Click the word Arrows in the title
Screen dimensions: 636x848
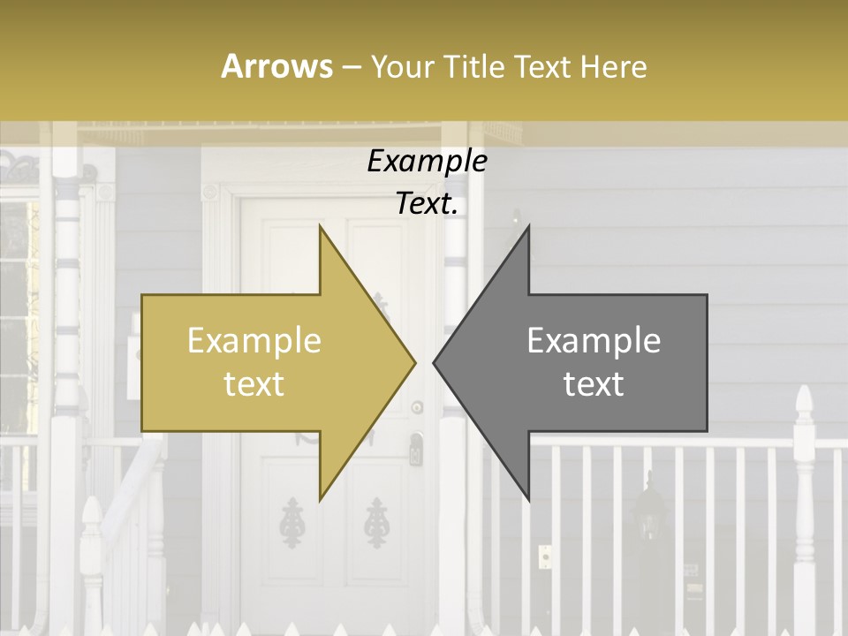[276, 66]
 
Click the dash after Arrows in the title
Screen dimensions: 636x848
[351, 67]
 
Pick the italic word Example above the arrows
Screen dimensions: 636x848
[427, 162]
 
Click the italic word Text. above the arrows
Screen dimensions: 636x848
[427, 204]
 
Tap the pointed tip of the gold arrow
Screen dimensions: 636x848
[414, 362]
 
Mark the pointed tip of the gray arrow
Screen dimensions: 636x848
[435, 362]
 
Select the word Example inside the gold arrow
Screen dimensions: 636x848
[254, 341]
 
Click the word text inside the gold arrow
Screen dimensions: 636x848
[254, 384]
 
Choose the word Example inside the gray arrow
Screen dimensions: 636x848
[594, 341]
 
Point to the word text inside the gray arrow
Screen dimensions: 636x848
[594, 384]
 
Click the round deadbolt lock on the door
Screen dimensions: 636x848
[417, 407]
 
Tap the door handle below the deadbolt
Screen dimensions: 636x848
[415, 449]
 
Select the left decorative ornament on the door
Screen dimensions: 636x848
[290, 521]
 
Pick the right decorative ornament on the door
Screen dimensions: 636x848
[377, 521]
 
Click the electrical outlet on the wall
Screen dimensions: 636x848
[545, 556]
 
